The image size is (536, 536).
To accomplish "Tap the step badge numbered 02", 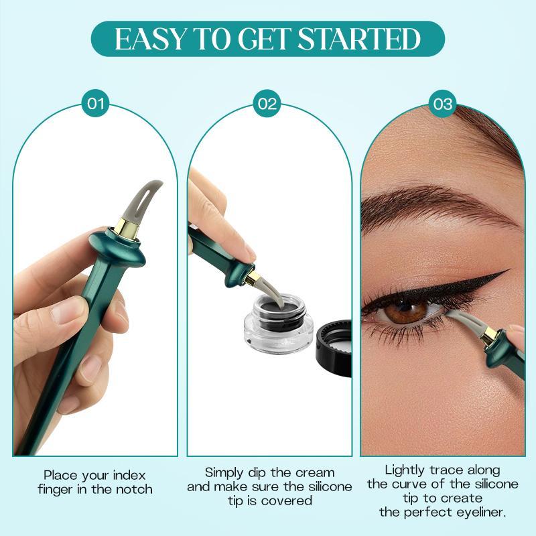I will [x=267, y=104].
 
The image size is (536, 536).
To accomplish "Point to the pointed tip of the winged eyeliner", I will [x=508, y=271].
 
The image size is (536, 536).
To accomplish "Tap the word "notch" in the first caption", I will [x=133, y=489].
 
